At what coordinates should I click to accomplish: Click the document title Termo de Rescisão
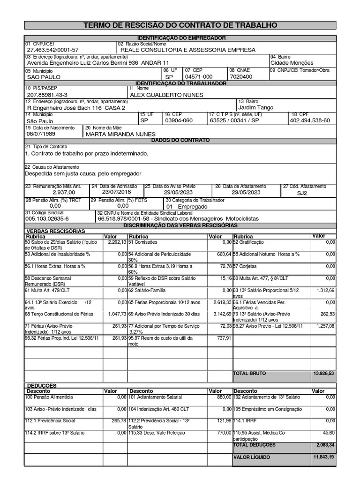click(x=180, y=25)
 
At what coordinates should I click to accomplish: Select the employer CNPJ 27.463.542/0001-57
click(x=53, y=50)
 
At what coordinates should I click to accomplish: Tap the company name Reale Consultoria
click(x=188, y=50)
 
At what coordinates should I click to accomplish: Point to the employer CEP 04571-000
click(x=199, y=77)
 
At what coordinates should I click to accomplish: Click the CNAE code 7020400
click(x=241, y=77)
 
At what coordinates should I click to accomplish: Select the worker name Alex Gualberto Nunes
click(x=166, y=95)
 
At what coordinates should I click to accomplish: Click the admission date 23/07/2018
click(x=117, y=192)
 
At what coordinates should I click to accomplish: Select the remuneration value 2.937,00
click(x=63, y=192)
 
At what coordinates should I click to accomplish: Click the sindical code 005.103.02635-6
click(x=47, y=218)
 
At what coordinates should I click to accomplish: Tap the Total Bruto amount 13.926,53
click(x=323, y=374)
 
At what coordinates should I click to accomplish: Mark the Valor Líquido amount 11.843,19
click(x=323, y=457)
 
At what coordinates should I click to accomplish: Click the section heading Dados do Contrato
click(x=180, y=140)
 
